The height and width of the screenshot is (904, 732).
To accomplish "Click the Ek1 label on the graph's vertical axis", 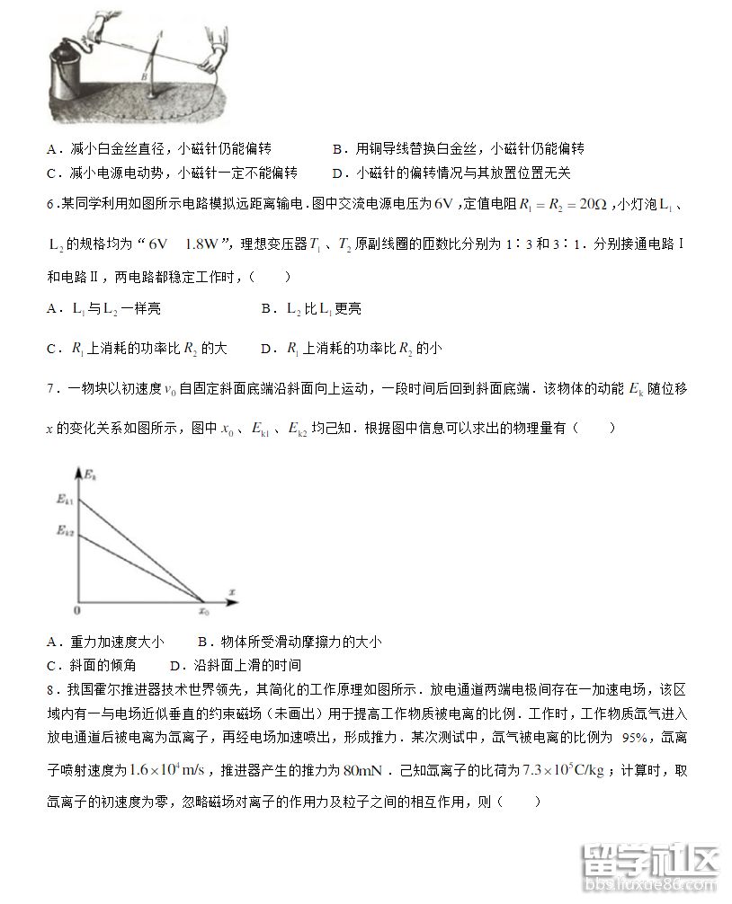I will click(x=63, y=499).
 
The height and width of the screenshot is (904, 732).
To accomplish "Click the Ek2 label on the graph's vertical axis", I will click(x=63, y=531).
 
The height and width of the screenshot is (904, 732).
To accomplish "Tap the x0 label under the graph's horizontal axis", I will click(x=203, y=611).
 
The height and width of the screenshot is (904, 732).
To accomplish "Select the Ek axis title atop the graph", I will click(x=90, y=471).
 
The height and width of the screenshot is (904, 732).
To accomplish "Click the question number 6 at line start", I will click(x=50, y=205).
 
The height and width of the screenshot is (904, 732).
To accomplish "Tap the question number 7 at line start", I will click(x=50, y=388).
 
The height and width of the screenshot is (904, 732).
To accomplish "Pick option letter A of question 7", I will click(x=51, y=642).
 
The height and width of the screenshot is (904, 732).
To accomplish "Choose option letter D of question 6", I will click(x=266, y=348).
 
